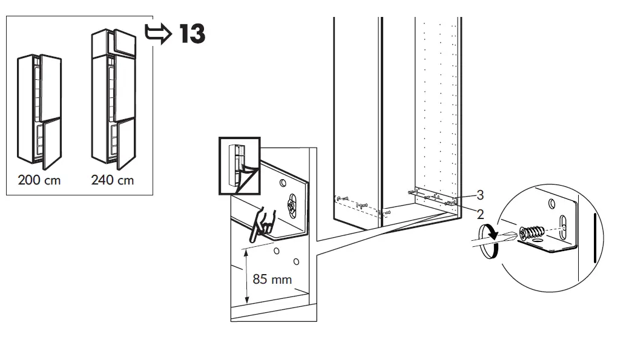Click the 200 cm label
pyautogui.click(x=39, y=180)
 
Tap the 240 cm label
pyautogui.click(x=113, y=180)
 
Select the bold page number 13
pyautogui.click(x=191, y=34)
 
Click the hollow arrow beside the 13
pyautogui.click(x=159, y=34)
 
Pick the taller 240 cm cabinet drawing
pyautogui.click(x=114, y=100)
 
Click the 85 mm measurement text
pyautogui.click(x=272, y=279)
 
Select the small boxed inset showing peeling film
pyautogui.click(x=239, y=166)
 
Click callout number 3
pyautogui.click(x=480, y=195)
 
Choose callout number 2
pyautogui.click(x=480, y=213)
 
